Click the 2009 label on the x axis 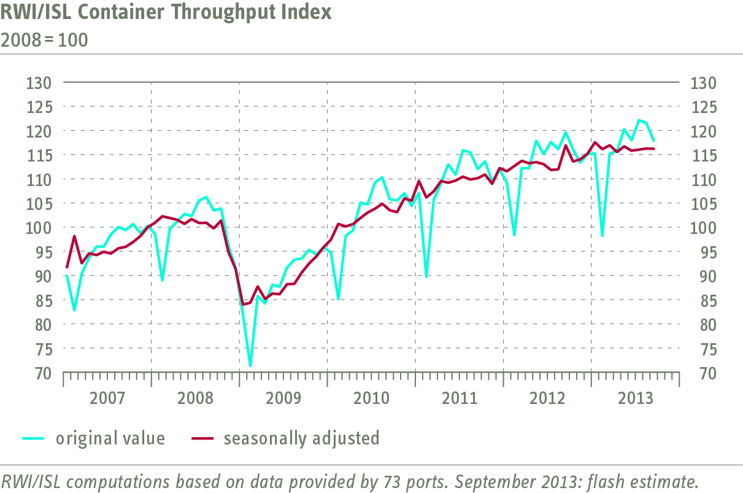[x=283, y=398]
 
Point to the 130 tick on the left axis [x=39, y=82]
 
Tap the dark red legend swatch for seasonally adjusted [x=202, y=438]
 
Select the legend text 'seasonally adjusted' [x=301, y=438]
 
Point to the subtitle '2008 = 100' [x=44, y=41]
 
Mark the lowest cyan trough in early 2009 [x=250, y=366]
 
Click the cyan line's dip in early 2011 [x=426, y=276]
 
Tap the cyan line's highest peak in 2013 [x=639, y=120]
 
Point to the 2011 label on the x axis [x=460, y=398]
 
